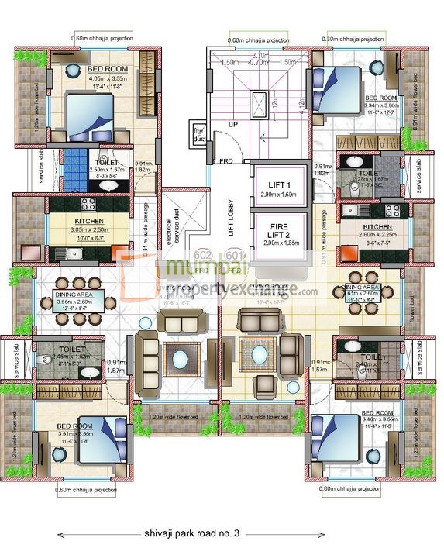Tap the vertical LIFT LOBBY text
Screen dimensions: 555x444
(230, 218)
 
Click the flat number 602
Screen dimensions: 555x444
(203, 255)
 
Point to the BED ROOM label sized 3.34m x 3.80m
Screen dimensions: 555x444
(380, 98)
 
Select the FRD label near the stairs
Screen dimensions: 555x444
(225, 162)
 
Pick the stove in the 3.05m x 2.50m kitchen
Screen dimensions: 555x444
(88, 205)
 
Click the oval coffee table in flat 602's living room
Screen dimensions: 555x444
(181, 358)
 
